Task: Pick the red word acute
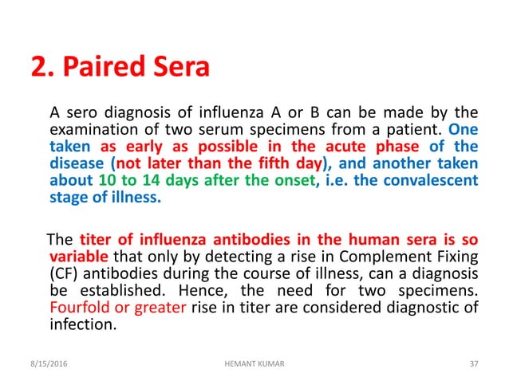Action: pyautogui.click(x=349, y=147)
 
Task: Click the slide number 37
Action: pyautogui.click(x=473, y=363)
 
